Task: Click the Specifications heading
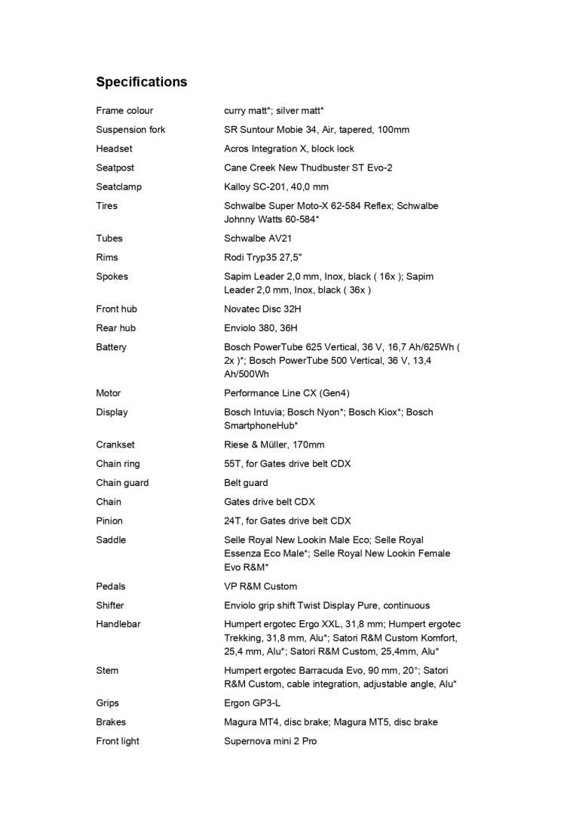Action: (x=141, y=81)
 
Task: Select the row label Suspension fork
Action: (x=130, y=130)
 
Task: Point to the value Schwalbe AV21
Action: (x=258, y=238)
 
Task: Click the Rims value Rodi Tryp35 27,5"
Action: (x=263, y=257)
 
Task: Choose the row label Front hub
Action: (x=116, y=309)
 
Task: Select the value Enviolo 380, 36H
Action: (x=261, y=328)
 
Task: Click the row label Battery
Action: (x=111, y=347)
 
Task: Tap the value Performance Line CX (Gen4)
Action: (x=286, y=393)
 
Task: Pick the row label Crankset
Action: (x=115, y=445)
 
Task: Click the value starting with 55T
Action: (x=287, y=464)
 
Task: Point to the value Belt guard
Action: (x=246, y=483)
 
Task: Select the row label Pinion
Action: (x=109, y=521)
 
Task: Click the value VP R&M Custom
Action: (x=260, y=586)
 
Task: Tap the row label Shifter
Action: (x=110, y=605)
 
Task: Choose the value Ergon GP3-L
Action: (x=253, y=703)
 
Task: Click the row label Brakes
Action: (x=111, y=722)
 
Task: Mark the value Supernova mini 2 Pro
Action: (x=270, y=741)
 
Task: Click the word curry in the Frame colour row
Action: (x=235, y=111)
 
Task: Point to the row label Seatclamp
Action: (x=118, y=187)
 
